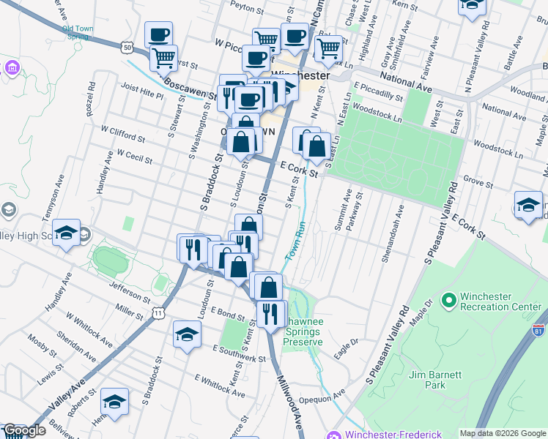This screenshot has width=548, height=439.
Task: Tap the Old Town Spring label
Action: pyautogui.click(x=78, y=33)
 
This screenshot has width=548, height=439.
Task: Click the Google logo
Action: pyautogui.click(x=25, y=430)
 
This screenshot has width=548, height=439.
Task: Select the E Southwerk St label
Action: pyautogui.click(x=239, y=353)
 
